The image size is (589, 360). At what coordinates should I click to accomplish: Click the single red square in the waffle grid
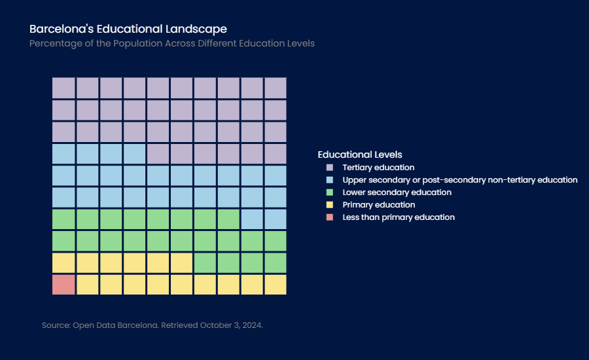point(63,285)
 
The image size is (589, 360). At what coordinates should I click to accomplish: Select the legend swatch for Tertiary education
point(330,168)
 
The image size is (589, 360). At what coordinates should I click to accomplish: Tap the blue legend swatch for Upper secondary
point(330,180)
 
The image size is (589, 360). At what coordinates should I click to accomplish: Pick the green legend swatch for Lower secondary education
point(330,192)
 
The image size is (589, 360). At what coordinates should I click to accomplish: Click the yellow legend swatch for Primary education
point(330,205)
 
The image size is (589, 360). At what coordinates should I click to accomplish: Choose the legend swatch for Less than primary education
point(330,217)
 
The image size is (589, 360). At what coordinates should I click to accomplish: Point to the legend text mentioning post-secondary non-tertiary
point(460,180)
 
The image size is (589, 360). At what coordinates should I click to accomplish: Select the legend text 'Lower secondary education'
point(397,192)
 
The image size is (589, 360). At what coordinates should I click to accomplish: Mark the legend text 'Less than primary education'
point(399,217)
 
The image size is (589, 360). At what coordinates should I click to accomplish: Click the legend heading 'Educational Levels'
point(360,154)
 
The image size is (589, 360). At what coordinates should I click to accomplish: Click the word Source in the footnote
point(56,325)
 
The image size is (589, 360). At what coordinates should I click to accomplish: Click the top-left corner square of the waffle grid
point(63,88)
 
